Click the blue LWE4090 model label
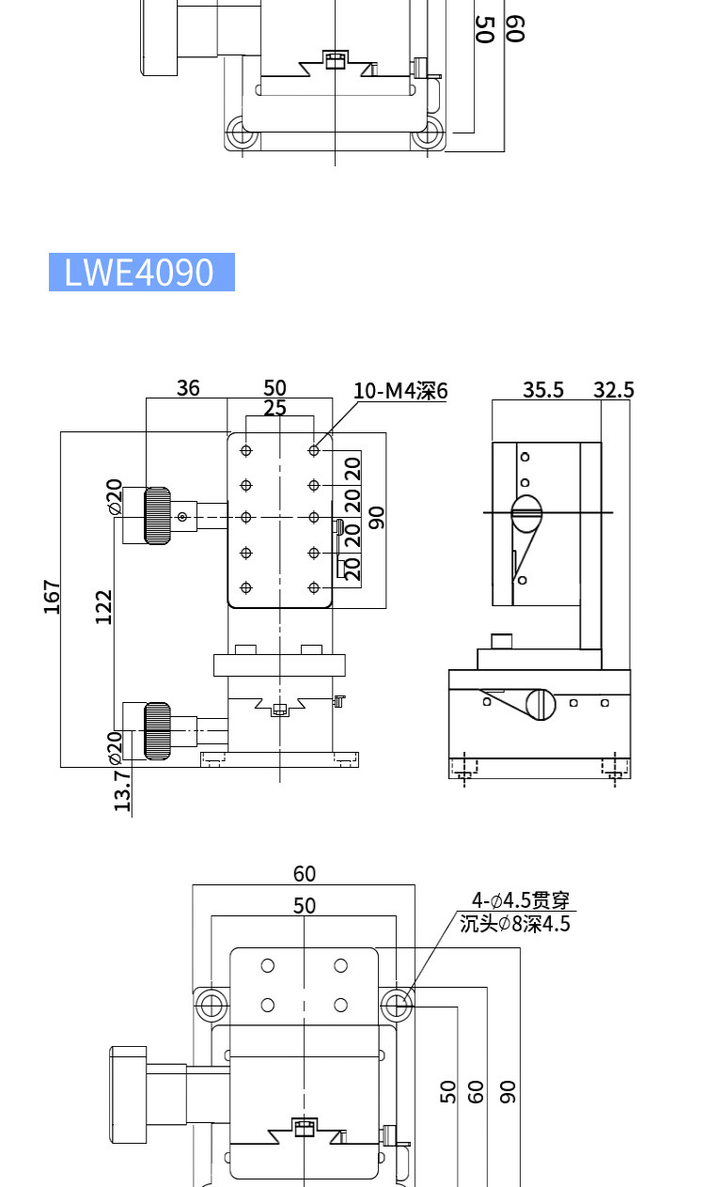(142, 272)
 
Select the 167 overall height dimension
(52, 597)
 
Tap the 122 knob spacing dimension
(104, 607)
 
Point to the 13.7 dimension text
(122, 790)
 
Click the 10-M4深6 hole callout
(400, 391)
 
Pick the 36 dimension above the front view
(188, 388)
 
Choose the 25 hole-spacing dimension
(274, 408)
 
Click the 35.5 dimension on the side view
(542, 389)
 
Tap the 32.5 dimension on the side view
(613, 389)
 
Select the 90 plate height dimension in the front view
(376, 517)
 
